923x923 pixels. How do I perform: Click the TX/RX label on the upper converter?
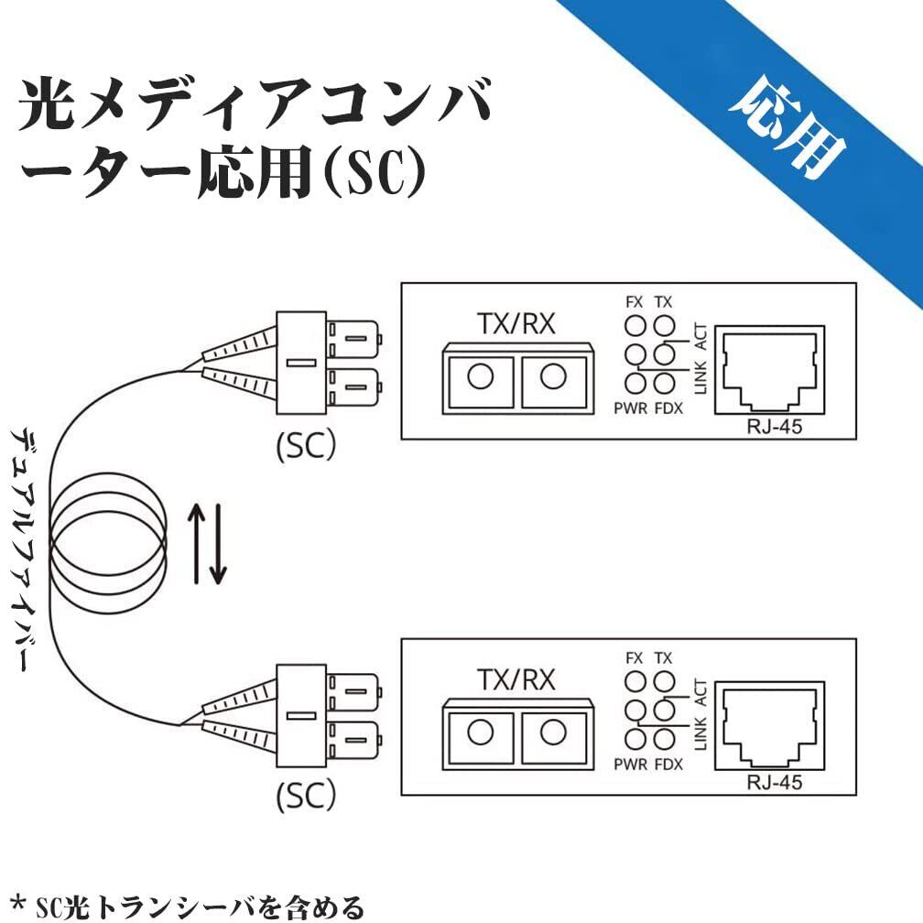tap(516, 324)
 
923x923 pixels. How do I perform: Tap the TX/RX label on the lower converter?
tap(516, 679)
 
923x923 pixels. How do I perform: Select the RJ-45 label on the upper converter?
tap(774, 426)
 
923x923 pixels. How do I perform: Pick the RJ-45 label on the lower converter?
tap(774, 781)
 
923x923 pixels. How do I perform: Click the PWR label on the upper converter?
tap(632, 408)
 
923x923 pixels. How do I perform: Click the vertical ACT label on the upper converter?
tap(700, 338)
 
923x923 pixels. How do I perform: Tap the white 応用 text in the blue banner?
tap(787, 128)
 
